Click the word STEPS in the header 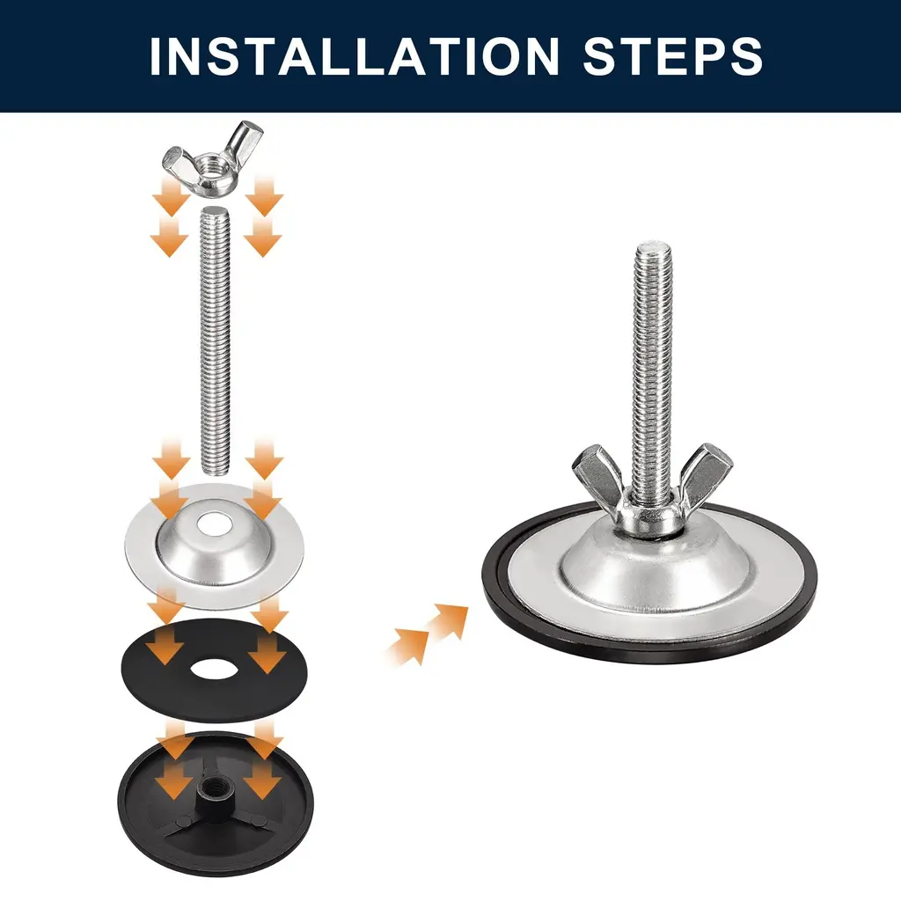click(673, 55)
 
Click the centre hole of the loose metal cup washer click(213, 524)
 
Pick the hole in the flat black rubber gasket click(214, 670)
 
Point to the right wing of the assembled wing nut click(706, 474)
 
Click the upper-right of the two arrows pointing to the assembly click(449, 621)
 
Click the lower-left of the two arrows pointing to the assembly click(408, 647)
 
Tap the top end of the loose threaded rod click(216, 210)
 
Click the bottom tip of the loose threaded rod click(216, 472)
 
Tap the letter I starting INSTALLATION click(155, 56)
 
